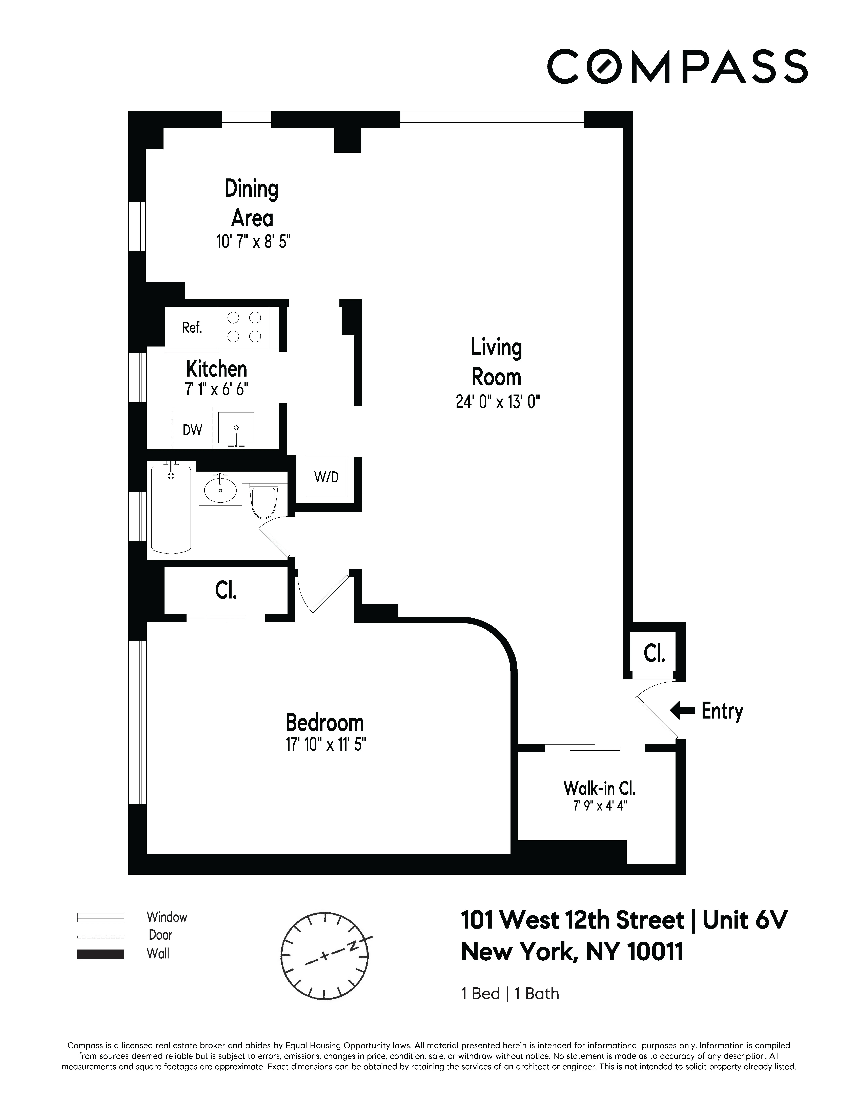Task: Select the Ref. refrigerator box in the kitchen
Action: pos(192,328)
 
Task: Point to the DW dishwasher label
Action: pos(192,430)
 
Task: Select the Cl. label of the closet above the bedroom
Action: pos(226,590)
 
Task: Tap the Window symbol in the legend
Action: pos(100,917)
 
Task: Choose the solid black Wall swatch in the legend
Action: pos(100,954)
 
